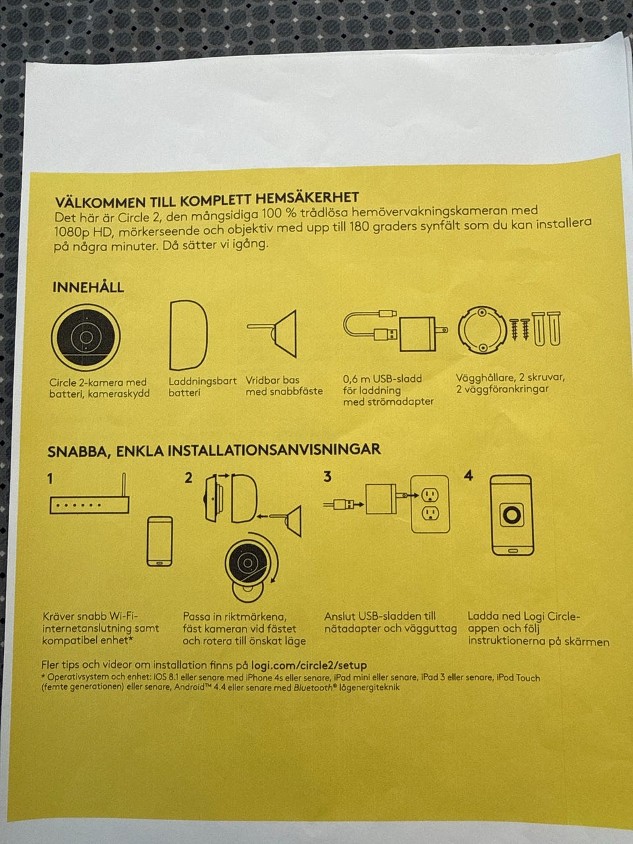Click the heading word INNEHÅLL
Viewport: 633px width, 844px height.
click(88, 287)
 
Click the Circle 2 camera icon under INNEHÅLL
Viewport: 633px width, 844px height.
click(86, 337)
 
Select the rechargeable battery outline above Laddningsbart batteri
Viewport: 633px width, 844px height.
click(189, 335)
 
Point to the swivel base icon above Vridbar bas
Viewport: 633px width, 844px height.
click(273, 334)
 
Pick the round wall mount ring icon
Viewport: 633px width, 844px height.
click(483, 330)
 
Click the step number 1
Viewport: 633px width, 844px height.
click(50, 479)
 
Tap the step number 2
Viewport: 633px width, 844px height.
click(189, 478)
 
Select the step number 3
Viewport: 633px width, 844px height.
click(327, 477)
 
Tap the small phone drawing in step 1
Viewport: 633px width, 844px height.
click(160, 541)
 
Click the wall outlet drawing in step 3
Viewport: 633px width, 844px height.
click(430, 504)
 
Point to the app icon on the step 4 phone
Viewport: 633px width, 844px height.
click(512, 515)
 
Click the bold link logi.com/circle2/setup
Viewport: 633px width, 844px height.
click(309, 665)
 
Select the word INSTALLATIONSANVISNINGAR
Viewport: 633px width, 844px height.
click(274, 450)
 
